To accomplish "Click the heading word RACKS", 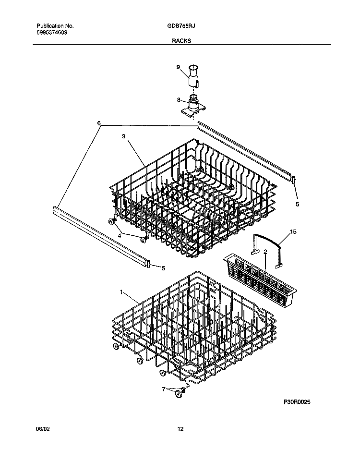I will [181, 41].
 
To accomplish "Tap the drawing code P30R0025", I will [297, 401].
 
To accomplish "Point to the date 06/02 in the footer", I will [43, 429].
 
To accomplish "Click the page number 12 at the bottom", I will [180, 429].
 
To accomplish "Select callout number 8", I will [179, 100].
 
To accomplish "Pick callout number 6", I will [99, 123].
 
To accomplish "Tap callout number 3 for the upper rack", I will [123, 136].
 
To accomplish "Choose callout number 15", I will [294, 232].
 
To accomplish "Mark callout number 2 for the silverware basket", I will [265, 252].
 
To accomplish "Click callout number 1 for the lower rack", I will [121, 291].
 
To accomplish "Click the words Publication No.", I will [55, 25].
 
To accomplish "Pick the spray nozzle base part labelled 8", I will [194, 106].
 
